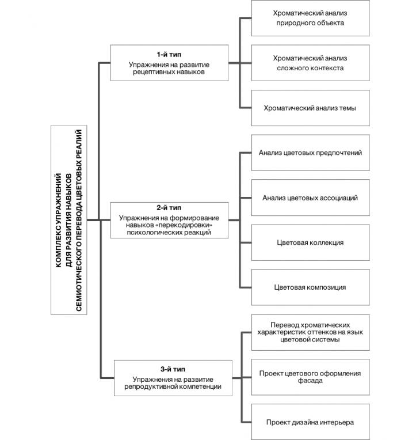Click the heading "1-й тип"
169,55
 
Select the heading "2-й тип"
169,208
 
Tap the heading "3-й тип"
173,369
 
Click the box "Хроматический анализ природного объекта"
310,18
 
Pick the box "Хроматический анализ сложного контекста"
310,63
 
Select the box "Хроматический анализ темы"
310,108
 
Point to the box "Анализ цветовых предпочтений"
310,153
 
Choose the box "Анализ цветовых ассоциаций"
310,198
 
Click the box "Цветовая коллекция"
310,242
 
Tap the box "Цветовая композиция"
310,287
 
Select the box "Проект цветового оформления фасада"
310,377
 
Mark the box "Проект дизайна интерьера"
310,422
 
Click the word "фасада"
310,381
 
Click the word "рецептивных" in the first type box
152,72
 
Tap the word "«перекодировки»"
185,225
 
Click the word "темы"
348,108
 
